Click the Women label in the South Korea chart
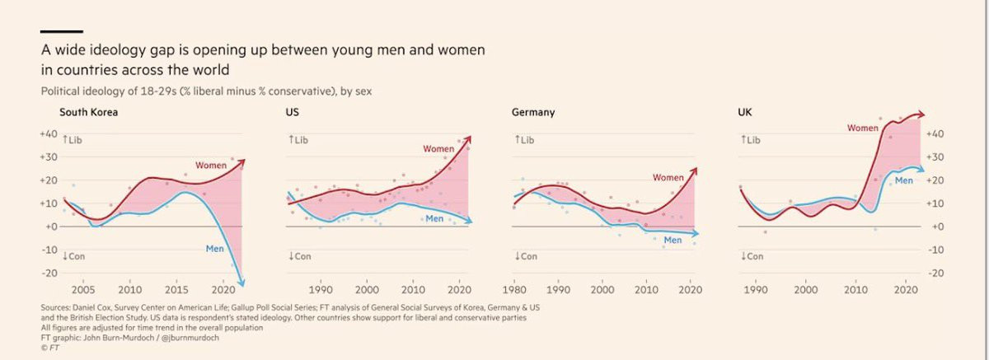click(211, 166)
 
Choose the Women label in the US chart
click(438, 149)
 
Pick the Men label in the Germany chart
click(673, 240)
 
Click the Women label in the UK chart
click(863, 128)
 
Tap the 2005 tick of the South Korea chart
click(82, 290)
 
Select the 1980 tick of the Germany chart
click(514, 290)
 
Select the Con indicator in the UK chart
click(752, 256)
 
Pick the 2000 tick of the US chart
click(367, 290)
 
